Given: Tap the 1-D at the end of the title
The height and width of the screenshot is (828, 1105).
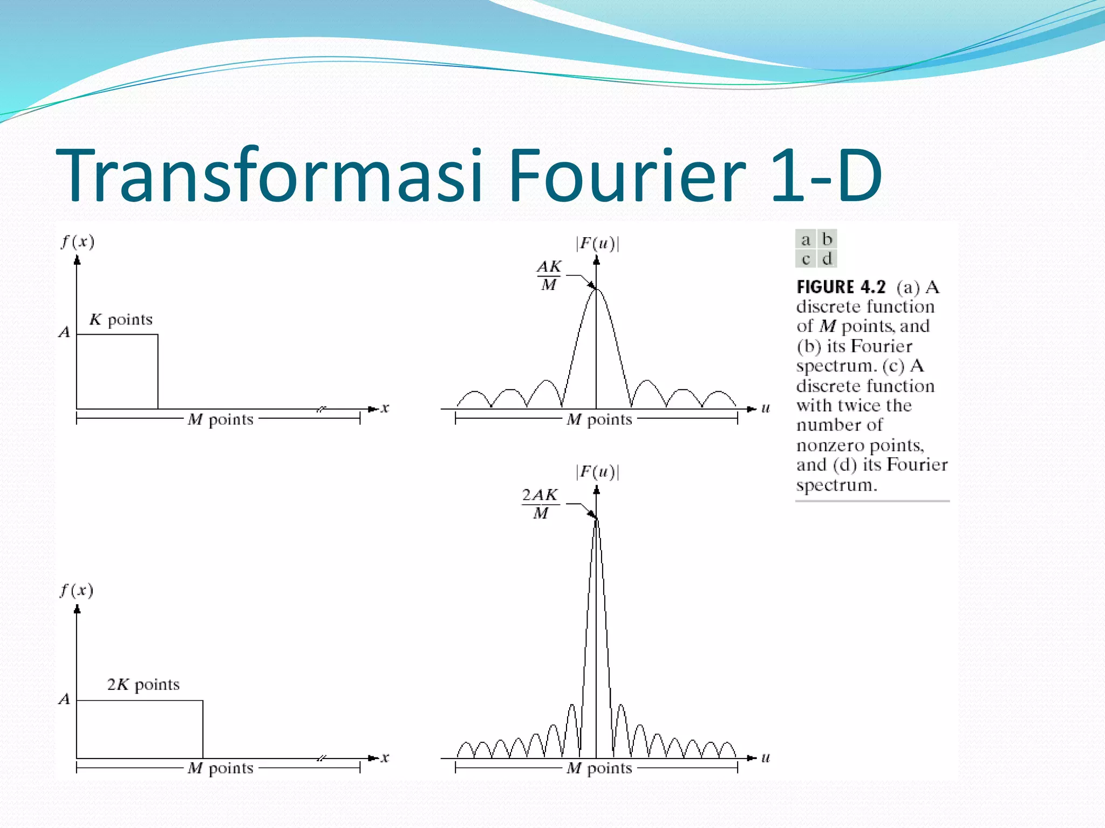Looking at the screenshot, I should [x=826, y=175].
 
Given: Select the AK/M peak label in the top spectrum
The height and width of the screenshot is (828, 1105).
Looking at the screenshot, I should [x=549, y=275].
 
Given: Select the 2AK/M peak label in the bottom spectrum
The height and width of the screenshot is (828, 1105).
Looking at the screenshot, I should [x=540, y=503].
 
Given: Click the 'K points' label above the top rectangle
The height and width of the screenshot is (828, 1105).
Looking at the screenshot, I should [x=121, y=320].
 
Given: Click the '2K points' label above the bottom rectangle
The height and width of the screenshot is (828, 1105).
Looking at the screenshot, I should [x=143, y=685].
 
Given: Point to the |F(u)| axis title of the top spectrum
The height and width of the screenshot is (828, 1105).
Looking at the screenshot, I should [x=597, y=244].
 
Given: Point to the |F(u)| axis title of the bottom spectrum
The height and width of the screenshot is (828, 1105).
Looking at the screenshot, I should [x=597, y=472].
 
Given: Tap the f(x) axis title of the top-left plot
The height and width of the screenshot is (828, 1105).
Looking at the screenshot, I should [x=78, y=241].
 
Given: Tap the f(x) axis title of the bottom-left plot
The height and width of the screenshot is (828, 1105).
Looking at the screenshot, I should [x=77, y=590].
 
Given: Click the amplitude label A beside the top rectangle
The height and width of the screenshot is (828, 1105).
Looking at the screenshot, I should [x=64, y=332].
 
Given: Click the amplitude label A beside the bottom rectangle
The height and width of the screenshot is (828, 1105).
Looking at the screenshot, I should [x=64, y=699].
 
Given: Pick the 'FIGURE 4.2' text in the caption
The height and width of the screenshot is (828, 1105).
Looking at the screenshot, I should [x=841, y=287].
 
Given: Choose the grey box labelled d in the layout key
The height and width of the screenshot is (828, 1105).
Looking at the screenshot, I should [x=827, y=259].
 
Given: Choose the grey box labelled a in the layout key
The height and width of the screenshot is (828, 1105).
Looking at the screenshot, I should [x=806, y=239].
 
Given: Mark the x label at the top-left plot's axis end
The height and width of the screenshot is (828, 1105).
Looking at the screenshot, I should [x=385, y=408].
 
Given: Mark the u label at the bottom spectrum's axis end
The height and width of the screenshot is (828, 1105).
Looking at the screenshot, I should [x=765, y=757].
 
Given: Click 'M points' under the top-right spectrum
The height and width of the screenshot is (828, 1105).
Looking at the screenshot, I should [x=599, y=419].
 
